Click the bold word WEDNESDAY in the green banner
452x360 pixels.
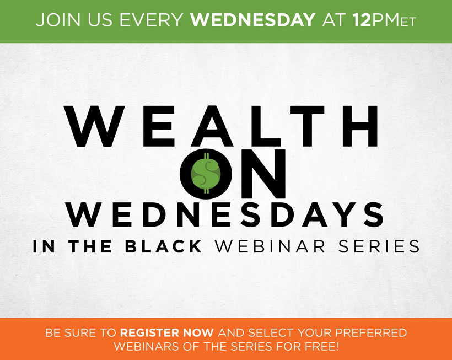click(x=252, y=20)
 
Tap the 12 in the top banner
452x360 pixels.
click(x=362, y=20)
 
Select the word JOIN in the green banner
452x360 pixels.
click(x=58, y=20)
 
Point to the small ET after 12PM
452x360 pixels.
click(x=408, y=22)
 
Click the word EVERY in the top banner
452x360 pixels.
click(x=152, y=20)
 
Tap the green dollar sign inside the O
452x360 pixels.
click(x=206, y=173)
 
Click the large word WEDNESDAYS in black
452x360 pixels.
click(x=225, y=214)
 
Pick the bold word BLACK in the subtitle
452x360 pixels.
click(x=163, y=246)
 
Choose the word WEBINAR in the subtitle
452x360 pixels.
click(x=270, y=246)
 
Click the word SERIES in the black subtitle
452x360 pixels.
click(x=379, y=246)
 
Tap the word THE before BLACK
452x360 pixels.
click(x=90, y=246)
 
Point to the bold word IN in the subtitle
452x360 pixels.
click(x=44, y=246)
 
